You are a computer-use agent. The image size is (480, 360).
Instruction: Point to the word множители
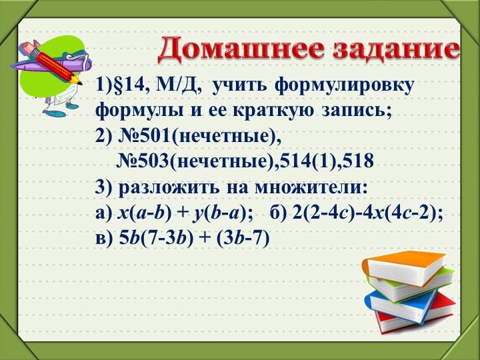(320, 186)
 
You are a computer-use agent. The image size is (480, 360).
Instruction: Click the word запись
(354, 110)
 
